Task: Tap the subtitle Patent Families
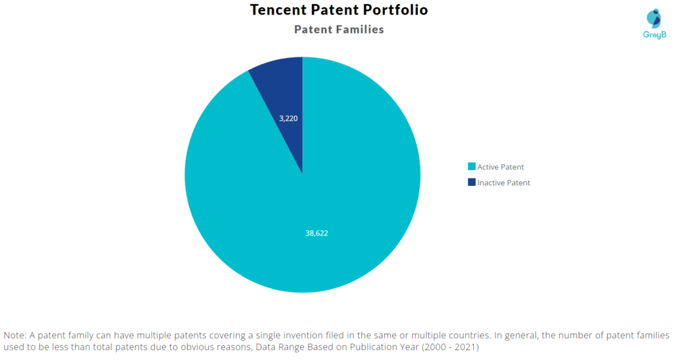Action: (x=339, y=30)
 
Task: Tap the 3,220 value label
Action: (x=289, y=119)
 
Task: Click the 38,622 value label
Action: (x=316, y=233)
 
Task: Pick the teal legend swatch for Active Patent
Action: (x=471, y=167)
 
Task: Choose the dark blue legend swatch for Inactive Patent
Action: (x=471, y=183)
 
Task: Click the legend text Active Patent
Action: (x=500, y=167)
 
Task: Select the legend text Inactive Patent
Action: (x=504, y=183)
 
